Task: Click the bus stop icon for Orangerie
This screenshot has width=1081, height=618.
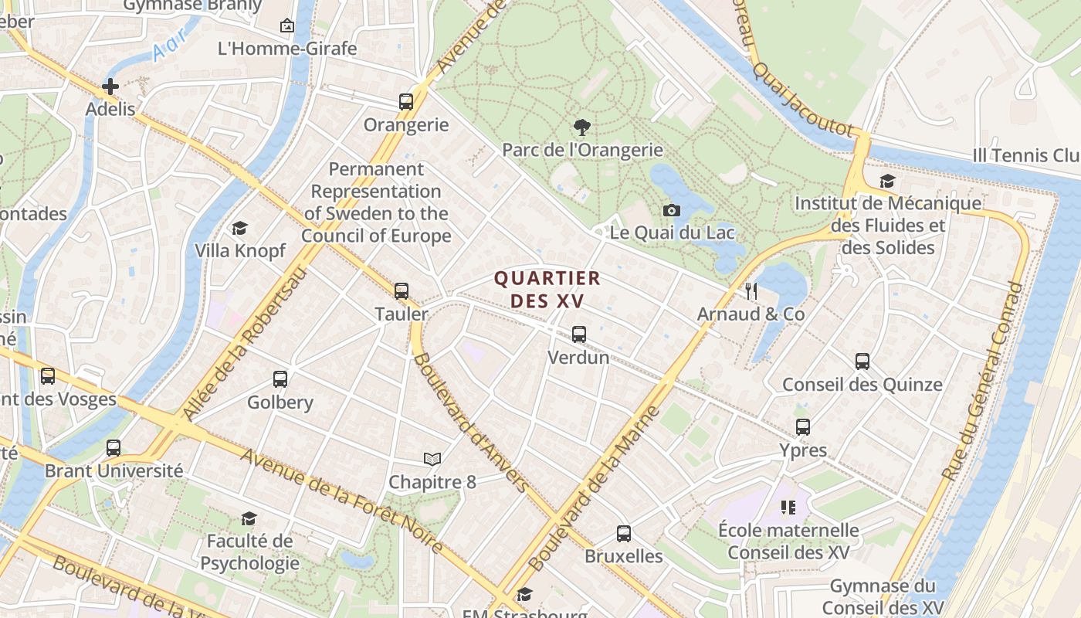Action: coord(405,101)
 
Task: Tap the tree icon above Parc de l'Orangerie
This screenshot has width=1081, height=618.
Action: coord(582,127)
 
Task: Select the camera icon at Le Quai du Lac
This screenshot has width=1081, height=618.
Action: coord(672,210)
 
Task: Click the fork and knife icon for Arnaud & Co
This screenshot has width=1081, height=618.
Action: coord(751,291)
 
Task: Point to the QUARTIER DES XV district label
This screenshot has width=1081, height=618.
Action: coord(547,289)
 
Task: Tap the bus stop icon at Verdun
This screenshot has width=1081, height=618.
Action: coord(578,334)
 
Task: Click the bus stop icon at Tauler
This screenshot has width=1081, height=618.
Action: coord(402,291)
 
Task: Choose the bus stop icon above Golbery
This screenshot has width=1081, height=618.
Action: coord(280,379)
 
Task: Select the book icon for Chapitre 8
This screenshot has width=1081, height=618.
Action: coord(432,460)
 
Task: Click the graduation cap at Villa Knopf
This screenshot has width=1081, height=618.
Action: coord(239,229)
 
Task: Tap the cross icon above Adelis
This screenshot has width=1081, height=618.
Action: coord(110,87)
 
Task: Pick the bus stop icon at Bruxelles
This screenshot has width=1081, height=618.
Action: coord(623,533)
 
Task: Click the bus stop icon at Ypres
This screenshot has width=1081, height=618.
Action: coord(803,427)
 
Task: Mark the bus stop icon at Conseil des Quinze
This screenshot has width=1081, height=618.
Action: coord(862,361)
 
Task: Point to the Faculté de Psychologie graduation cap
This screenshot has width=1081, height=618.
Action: coord(249,518)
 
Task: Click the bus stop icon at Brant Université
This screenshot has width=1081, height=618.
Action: coord(114,448)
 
